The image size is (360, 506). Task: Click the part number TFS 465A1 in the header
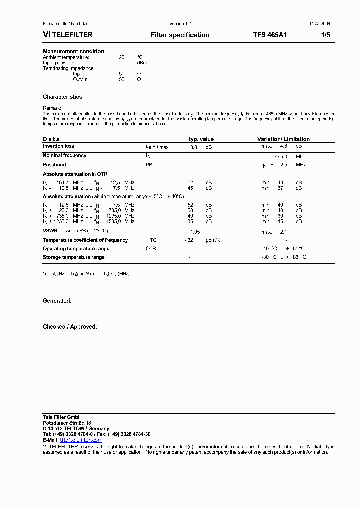[270, 35]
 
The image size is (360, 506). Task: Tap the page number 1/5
[325, 35]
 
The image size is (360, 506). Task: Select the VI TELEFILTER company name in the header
[68, 35]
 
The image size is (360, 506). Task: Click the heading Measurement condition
[73, 51]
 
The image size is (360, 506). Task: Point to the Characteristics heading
[62, 97]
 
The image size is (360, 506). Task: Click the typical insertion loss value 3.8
[194, 147]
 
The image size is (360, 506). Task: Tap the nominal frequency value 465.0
[281, 156]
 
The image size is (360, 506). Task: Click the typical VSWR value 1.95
[196, 232]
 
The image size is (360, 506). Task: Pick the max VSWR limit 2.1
[283, 232]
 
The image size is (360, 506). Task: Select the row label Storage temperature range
[74, 257]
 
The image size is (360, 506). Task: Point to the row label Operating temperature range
[76, 249]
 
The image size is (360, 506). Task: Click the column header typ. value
[201, 139]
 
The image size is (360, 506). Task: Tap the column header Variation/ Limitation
[283, 139]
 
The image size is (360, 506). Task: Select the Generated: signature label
[57, 301]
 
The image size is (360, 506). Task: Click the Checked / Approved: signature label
[70, 327]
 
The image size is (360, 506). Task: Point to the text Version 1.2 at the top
[180, 24]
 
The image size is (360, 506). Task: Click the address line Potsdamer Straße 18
[67, 423]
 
